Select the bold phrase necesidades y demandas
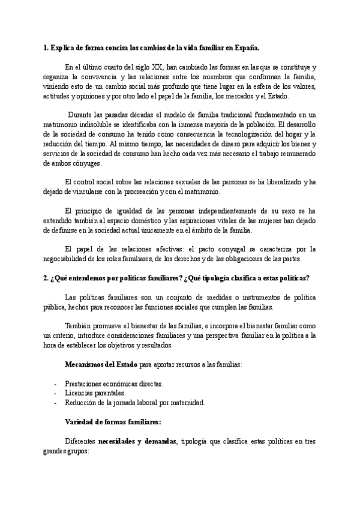[137, 441]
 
